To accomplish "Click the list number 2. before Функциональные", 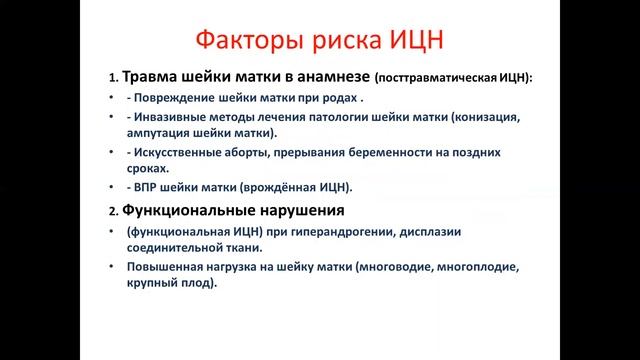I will coord(114,212).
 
